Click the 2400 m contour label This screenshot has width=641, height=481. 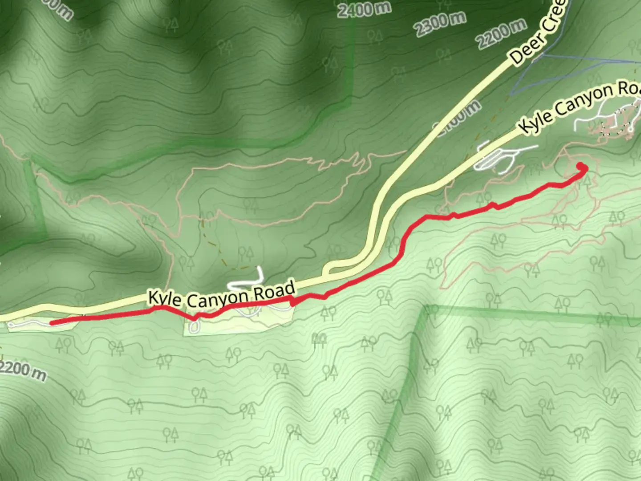coord(364,8)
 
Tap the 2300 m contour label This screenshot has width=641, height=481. coord(440,24)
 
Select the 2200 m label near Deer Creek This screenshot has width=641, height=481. coord(501,34)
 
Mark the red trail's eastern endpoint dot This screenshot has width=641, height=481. coord(582,167)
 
